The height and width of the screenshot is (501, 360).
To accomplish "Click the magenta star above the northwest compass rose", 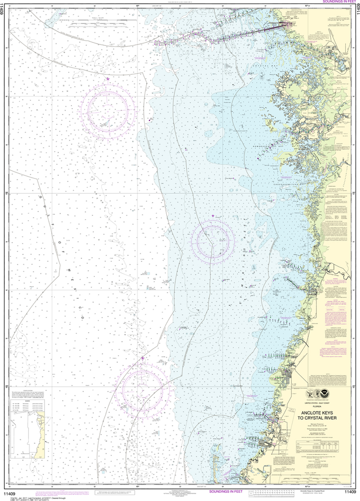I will click(108, 79).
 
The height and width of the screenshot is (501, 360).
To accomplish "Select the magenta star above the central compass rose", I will click(212, 216).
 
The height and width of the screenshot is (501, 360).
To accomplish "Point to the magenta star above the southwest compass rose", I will click(142, 359).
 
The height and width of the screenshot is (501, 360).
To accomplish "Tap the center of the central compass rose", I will click(213, 240).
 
